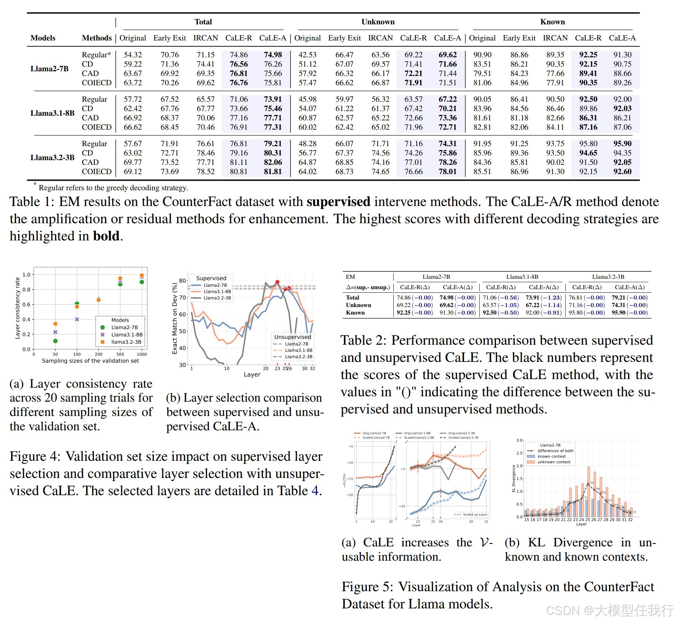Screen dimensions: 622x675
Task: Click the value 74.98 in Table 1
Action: point(273,55)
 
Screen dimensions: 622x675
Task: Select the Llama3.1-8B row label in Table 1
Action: point(52,113)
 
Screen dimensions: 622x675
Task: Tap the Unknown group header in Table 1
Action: point(378,22)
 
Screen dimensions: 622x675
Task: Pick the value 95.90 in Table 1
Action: point(622,144)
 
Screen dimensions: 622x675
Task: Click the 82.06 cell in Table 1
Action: point(273,162)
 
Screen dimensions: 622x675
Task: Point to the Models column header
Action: point(43,38)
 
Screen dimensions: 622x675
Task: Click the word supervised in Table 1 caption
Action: point(338,202)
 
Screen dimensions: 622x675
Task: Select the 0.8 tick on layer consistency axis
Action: point(26,290)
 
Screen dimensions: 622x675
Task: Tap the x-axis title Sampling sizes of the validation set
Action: point(90,361)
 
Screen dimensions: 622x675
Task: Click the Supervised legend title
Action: point(211,278)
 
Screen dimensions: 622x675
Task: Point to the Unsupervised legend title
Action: point(292,337)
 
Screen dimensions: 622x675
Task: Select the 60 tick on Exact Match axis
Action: point(182,314)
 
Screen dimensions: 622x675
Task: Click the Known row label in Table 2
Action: point(355,313)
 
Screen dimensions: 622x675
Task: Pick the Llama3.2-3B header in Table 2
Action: point(608,277)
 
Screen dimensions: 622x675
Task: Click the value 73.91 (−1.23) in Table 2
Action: point(544,298)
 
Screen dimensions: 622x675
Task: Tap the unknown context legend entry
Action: point(554,462)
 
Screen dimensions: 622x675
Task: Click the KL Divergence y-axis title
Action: point(513,478)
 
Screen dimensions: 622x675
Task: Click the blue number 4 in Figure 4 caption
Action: point(315,491)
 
